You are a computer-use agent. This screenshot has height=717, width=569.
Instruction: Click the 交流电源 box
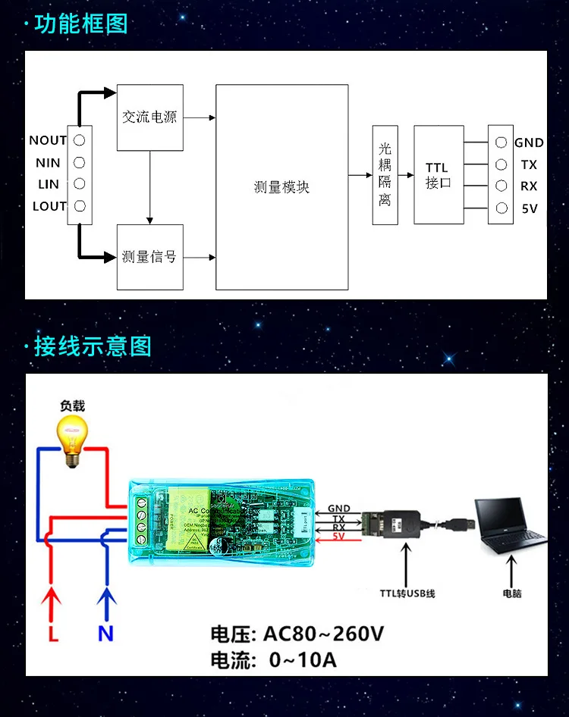click(149, 117)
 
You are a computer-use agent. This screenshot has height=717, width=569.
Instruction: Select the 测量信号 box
click(149, 256)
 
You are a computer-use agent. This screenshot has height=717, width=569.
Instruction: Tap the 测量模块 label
click(281, 187)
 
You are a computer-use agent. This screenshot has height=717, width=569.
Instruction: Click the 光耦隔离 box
click(385, 174)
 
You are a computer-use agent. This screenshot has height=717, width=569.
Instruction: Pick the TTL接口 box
click(439, 175)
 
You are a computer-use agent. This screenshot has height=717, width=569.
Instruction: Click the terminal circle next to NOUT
click(79, 140)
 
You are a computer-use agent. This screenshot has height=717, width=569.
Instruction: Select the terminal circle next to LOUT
click(79, 206)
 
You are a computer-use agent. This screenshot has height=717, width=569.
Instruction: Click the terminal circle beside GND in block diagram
click(500, 142)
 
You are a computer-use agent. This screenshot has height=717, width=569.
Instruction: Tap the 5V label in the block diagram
click(529, 209)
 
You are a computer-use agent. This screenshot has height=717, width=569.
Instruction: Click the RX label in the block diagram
click(529, 186)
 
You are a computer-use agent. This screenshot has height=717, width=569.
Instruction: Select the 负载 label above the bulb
click(73, 405)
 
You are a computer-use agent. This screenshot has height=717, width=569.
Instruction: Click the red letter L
click(53, 634)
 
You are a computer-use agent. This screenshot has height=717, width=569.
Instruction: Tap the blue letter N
click(105, 634)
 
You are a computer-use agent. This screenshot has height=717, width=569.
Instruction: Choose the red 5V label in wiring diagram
click(338, 537)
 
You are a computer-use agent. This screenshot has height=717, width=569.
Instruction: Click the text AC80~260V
click(323, 634)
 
